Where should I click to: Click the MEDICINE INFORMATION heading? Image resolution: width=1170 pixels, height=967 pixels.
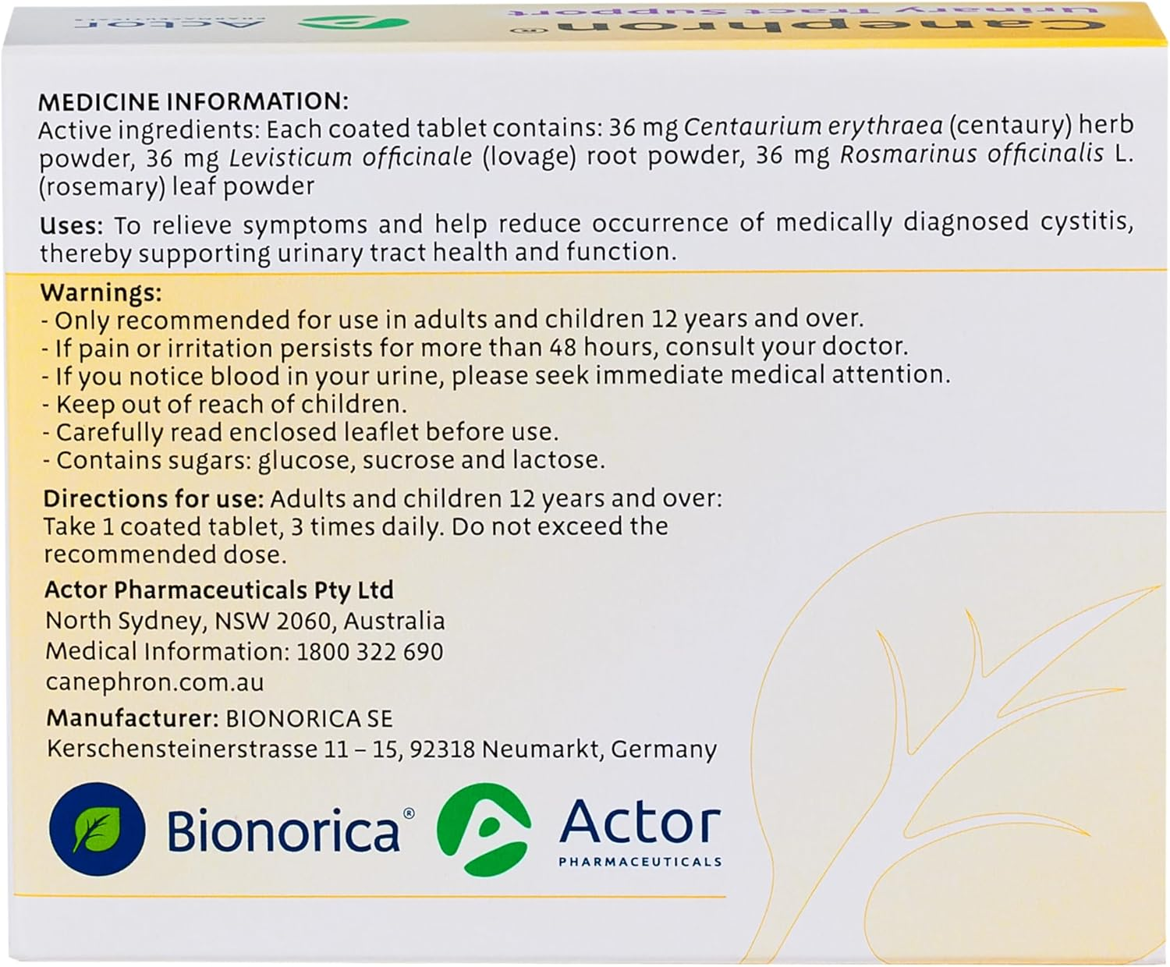coord(193,101)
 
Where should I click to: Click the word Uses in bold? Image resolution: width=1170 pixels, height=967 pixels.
coord(71,225)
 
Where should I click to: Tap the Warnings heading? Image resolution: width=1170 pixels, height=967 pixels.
coord(101,292)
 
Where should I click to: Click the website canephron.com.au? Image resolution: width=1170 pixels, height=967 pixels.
coord(154,682)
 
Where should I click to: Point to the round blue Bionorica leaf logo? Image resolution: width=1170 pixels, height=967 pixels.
coord(97,829)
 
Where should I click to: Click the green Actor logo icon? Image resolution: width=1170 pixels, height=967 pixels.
coord(484,829)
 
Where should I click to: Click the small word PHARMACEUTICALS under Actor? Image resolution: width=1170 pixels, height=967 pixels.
coord(640,862)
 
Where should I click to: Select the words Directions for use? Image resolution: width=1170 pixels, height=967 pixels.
coord(153,498)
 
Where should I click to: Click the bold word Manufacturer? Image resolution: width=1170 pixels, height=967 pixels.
coord(132,717)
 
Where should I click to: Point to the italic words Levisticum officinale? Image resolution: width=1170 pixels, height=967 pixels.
coord(351,157)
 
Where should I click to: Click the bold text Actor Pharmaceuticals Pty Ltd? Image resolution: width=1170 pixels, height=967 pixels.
coord(219,590)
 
